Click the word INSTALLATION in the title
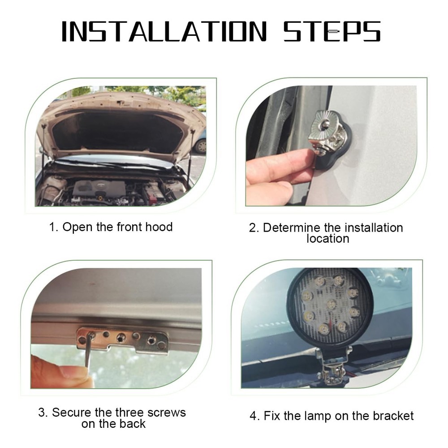coord(164,32)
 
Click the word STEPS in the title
coord(332,32)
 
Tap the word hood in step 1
coord(159,227)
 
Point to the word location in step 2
coord(328,239)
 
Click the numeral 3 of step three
coord(42,413)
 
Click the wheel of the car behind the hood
coord(201,146)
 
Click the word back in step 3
coord(133,424)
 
